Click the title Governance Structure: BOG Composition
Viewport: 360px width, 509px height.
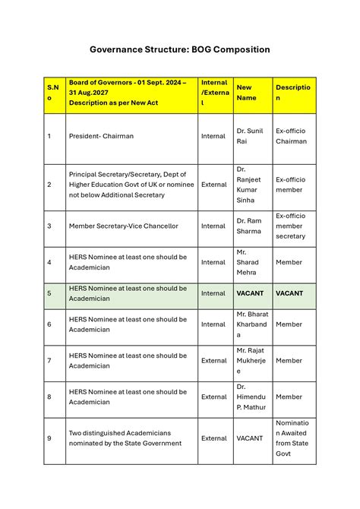pyautogui.click(x=179, y=49)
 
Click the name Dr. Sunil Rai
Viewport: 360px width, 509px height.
pyautogui.click(x=249, y=136)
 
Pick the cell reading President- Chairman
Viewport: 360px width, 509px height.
pyautogui.click(x=101, y=136)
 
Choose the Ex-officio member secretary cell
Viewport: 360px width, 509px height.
pyautogui.click(x=290, y=226)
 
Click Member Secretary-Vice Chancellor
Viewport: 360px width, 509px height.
pyautogui.click(x=123, y=226)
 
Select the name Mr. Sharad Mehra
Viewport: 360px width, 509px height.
pyautogui.click(x=248, y=262)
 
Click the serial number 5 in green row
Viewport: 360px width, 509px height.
pyautogui.click(x=49, y=293)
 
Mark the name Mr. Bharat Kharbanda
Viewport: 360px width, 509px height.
pyautogui.click(x=251, y=324)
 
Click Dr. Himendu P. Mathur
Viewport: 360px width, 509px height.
pyautogui.click(x=251, y=397)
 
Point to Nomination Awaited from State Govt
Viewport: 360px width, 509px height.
pyautogui.click(x=292, y=438)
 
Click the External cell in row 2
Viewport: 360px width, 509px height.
pyautogui.click(x=213, y=185)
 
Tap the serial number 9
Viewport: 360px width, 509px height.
pyautogui.click(x=49, y=438)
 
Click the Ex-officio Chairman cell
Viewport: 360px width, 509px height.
pyautogui.click(x=291, y=136)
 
